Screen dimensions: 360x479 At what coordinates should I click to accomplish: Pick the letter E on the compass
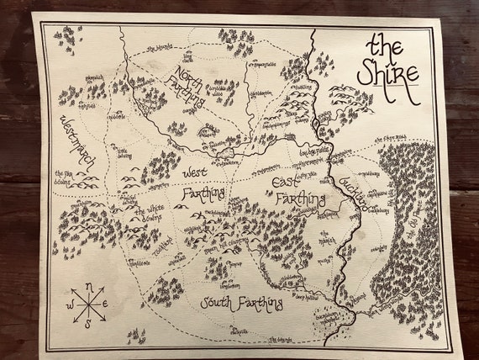point(107,304)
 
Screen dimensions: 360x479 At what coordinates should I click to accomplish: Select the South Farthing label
point(238,303)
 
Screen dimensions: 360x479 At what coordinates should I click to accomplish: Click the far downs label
point(72,179)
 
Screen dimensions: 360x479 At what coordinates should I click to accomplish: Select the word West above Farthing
point(192,173)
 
